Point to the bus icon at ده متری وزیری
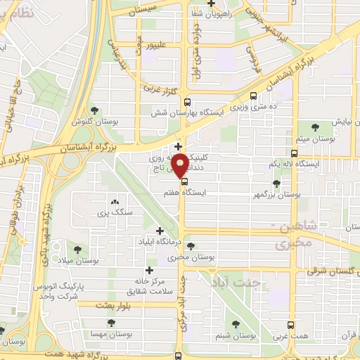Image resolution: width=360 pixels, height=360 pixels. [253, 96]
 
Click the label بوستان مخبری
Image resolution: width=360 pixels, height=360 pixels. [196, 258]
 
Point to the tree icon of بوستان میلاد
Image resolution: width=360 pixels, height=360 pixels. [77, 249]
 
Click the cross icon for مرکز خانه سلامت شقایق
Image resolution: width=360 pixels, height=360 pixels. [148, 270]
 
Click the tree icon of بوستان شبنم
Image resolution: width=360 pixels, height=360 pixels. [236, 325]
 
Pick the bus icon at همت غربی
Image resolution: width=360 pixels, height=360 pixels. [292, 325]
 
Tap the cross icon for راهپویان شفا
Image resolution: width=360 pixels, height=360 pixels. [212, 3]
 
